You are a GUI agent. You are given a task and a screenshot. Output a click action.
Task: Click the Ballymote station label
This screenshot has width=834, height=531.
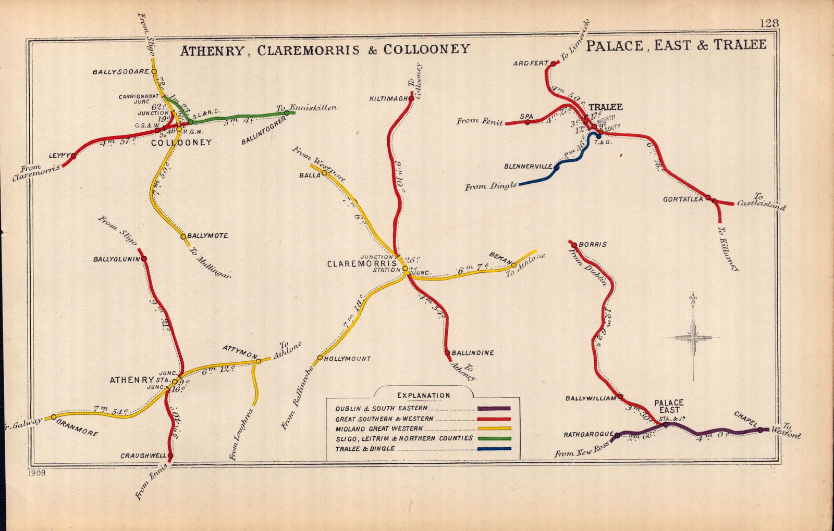(207, 236)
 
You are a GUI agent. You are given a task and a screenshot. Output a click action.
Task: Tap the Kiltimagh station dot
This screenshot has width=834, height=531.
(412, 98)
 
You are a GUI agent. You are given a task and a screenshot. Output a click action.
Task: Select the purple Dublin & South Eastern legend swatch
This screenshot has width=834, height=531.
(494, 409)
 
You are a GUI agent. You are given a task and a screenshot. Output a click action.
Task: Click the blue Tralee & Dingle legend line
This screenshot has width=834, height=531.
(494, 449)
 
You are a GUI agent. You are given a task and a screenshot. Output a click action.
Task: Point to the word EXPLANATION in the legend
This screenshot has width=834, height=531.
(423, 396)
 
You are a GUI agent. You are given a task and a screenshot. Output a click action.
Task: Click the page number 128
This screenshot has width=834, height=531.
(769, 23)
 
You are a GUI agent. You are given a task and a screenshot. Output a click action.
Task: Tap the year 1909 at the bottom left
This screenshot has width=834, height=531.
(34, 473)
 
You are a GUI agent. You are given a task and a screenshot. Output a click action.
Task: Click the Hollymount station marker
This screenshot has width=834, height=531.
(320, 358)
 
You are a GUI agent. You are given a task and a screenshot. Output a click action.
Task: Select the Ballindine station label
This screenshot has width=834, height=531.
(473, 352)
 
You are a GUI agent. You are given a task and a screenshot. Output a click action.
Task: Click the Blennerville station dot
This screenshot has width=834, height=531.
(557, 167)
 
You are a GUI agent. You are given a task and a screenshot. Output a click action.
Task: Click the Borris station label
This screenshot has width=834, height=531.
(593, 244)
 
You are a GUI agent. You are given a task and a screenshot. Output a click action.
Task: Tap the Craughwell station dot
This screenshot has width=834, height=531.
(170, 456)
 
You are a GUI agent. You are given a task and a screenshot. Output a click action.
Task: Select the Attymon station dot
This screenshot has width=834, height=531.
(259, 361)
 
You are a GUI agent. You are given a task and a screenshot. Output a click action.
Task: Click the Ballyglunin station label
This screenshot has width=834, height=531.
(117, 259)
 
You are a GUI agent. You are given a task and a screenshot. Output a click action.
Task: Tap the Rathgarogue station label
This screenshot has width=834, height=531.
(587, 435)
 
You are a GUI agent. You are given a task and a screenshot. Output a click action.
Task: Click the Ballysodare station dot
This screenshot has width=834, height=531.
(154, 71)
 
